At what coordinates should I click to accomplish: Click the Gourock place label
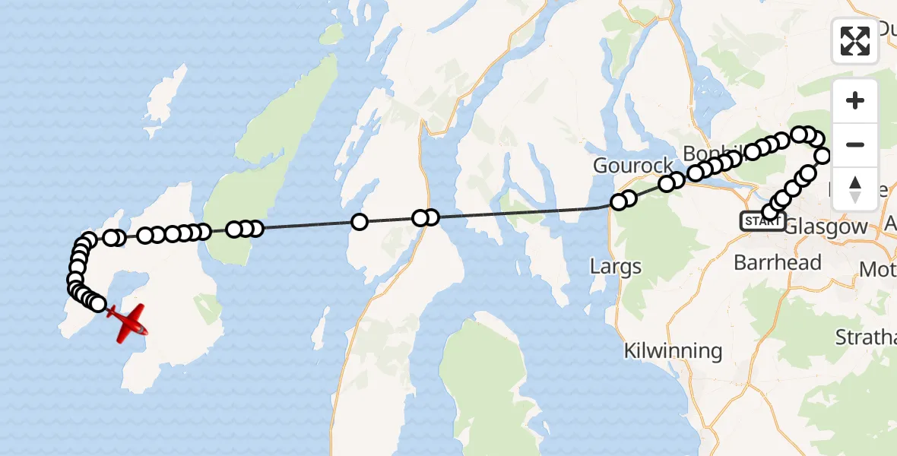coord(633,166)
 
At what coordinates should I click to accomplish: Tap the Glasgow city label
coord(825,226)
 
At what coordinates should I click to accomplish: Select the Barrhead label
coord(777,263)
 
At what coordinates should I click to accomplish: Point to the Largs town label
coord(616,267)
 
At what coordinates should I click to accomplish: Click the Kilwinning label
coord(673,351)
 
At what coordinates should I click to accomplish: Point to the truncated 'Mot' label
coord(877,269)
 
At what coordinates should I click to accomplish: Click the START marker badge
coord(762,221)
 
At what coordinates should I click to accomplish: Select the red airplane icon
coord(128,322)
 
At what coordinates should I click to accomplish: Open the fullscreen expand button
coord(855,41)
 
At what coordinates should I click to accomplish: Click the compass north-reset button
coord(855,189)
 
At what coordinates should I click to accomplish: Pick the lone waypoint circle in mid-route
coord(359,222)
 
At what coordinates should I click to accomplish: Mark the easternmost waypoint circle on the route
coord(823,157)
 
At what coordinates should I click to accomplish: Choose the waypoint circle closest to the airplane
coord(98,304)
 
